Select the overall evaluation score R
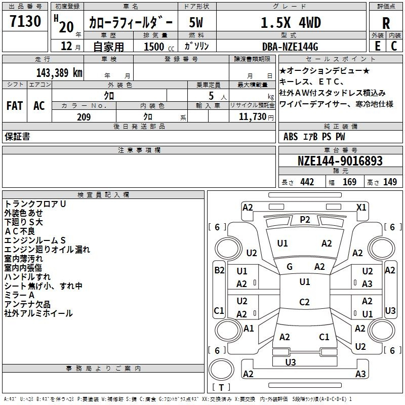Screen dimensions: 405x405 [386, 23]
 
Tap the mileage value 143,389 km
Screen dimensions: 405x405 [60, 72]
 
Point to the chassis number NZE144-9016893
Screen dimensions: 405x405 [340, 161]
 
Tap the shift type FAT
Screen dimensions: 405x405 [15, 106]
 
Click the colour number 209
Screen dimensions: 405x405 [84, 117]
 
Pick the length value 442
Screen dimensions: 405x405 [307, 182]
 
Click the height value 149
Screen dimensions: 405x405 [390, 182]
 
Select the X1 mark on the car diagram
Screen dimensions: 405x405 [361, 207]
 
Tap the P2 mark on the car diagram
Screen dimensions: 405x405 [305, 219]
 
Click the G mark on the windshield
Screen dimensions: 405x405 [290, 267]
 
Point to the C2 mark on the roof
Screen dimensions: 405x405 [304, 302]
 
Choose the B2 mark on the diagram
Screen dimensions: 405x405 [219, 270]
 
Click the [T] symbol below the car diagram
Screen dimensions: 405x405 [221, 387]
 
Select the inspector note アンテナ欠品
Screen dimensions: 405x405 [27, 304]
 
